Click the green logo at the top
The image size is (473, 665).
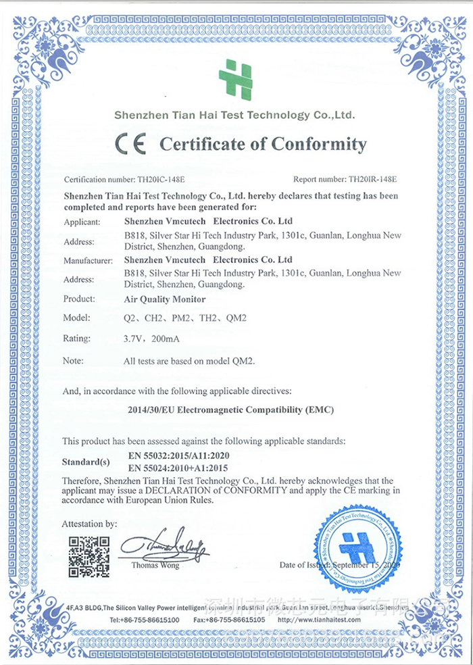tap(235, 80)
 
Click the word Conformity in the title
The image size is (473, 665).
tap(319, 144)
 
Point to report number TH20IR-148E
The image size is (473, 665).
tap(372, 180)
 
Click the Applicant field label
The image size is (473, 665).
tap(82, 222)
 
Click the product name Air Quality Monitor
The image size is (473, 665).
tap(165, 299)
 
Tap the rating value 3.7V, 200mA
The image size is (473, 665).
tap(154, 339)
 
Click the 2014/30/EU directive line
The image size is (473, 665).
tap(231, 410)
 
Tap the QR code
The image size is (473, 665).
tap(89, 556)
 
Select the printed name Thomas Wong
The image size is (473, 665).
tap(155, 565)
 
